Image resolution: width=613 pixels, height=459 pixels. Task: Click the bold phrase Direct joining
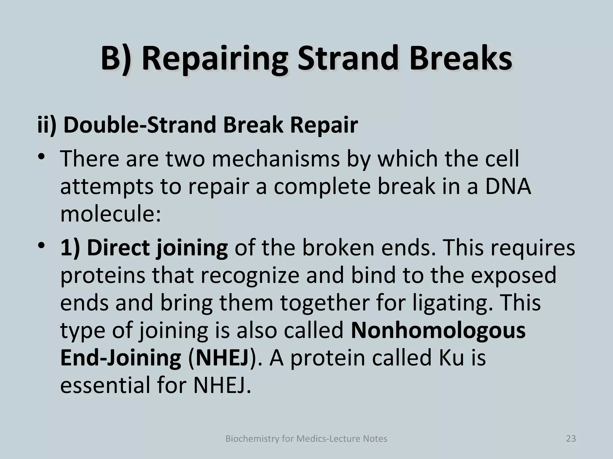(x=144, y=248)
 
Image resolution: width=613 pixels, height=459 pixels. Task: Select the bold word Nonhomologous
(x=438, y=330)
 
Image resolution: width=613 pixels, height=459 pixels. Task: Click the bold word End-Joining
(x=121, y=357)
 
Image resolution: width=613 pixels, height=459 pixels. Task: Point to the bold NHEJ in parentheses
(x=222, y=357)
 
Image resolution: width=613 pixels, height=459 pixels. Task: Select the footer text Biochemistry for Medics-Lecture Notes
(x=306, y=439)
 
